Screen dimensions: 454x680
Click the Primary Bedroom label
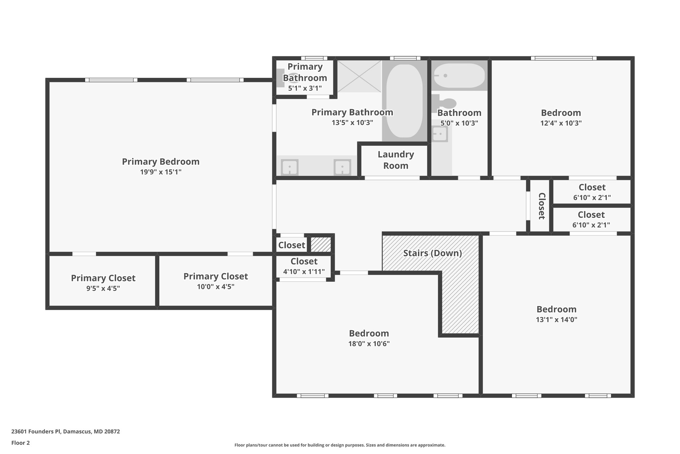point(161,162)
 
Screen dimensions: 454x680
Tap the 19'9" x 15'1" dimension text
point(161,172)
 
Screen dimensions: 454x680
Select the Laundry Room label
point(395,160)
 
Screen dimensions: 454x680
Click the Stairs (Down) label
point(432,253)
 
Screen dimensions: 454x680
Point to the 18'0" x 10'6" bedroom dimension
point(369,344)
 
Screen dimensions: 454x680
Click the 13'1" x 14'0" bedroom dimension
point(556,320)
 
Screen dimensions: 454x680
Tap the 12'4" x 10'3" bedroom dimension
point(561,123)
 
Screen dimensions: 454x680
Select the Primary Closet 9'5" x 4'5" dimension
point(103,288)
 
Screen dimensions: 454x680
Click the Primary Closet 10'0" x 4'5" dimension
point(215,287)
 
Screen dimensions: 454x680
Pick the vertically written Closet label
point(541,206)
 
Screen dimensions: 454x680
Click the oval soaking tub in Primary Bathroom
point(404,101)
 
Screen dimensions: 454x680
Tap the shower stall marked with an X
point(359,76)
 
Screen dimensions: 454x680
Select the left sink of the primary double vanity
point(290,167)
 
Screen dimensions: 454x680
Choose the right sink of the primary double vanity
point(342,167)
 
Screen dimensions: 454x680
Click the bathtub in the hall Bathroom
point(460,76)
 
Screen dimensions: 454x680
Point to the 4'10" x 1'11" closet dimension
point(304,272)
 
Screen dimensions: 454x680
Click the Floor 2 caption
point(21,443)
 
